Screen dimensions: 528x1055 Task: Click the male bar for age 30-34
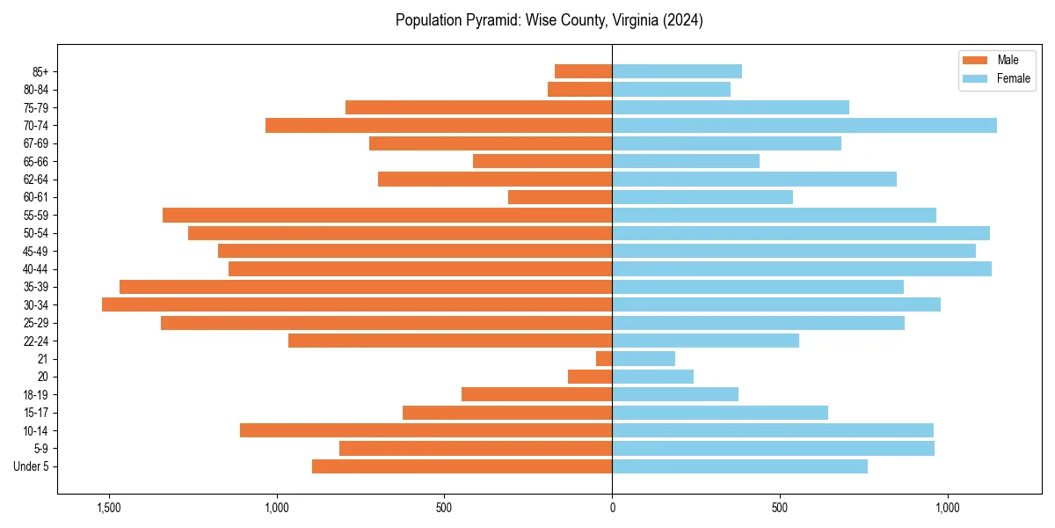click(x=357, y=304)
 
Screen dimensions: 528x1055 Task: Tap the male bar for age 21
click(x=604, y=359)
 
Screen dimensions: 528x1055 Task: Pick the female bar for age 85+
click(x=677, y=71)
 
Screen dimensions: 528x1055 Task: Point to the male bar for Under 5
click(x=462, y=466)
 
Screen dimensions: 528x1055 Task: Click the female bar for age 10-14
click(x=773, y=430)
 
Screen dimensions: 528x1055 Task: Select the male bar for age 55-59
click(x=387, y=215)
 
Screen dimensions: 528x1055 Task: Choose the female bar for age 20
click(x=653, y=377)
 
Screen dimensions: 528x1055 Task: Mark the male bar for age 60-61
click(x=560, y=197)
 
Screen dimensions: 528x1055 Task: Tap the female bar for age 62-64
click(x=754, y=179)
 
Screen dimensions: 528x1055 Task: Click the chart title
click(x=549, y=20)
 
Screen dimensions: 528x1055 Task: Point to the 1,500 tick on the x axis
click(x=109, y=509)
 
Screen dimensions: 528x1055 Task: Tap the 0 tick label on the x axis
click(x=612, y=509)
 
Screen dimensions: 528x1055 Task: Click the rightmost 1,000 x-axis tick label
click(x=947, y=509)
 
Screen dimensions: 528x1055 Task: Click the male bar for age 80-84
click(x=579, y=89)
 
